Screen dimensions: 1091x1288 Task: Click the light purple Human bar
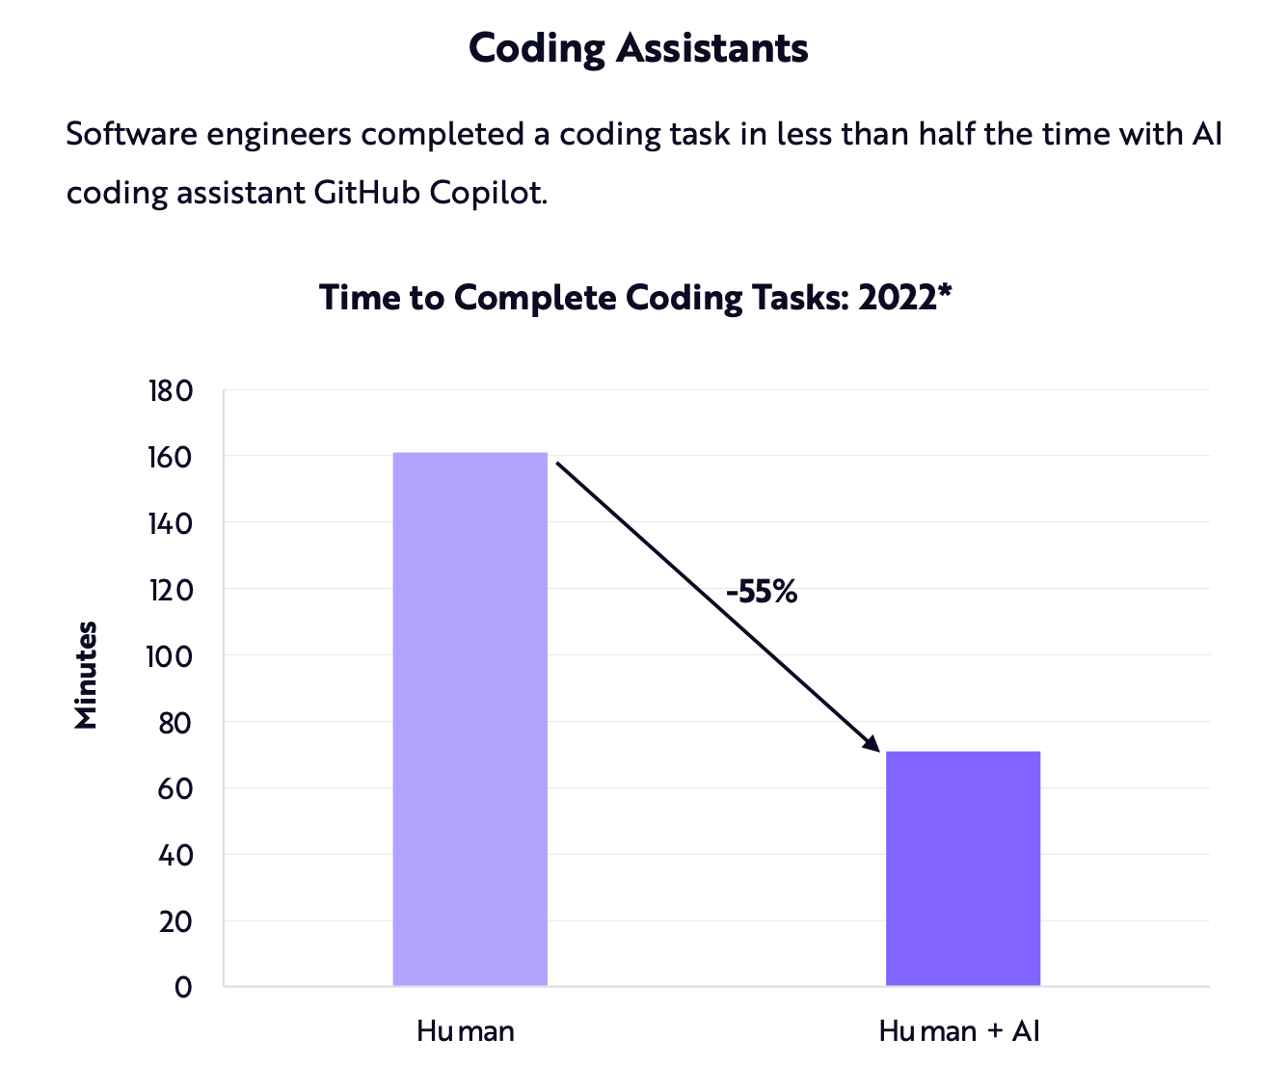(470, 719)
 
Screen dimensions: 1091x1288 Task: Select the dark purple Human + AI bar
(962, 867)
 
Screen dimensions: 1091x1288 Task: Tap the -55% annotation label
(762, 592)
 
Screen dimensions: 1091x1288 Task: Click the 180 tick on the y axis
(171, 391)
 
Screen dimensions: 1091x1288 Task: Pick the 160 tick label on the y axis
(171, 458)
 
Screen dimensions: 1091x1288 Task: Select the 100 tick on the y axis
(171, 657)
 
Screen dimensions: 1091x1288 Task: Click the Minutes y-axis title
(87, 675)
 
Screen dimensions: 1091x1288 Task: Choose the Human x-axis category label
(466, 1031)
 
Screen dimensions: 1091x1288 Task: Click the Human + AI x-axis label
(959, 1031)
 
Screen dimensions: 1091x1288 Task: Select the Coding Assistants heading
(638, 47)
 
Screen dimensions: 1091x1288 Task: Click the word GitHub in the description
(367, 192)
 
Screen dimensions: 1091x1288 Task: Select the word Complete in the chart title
(535, 297)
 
